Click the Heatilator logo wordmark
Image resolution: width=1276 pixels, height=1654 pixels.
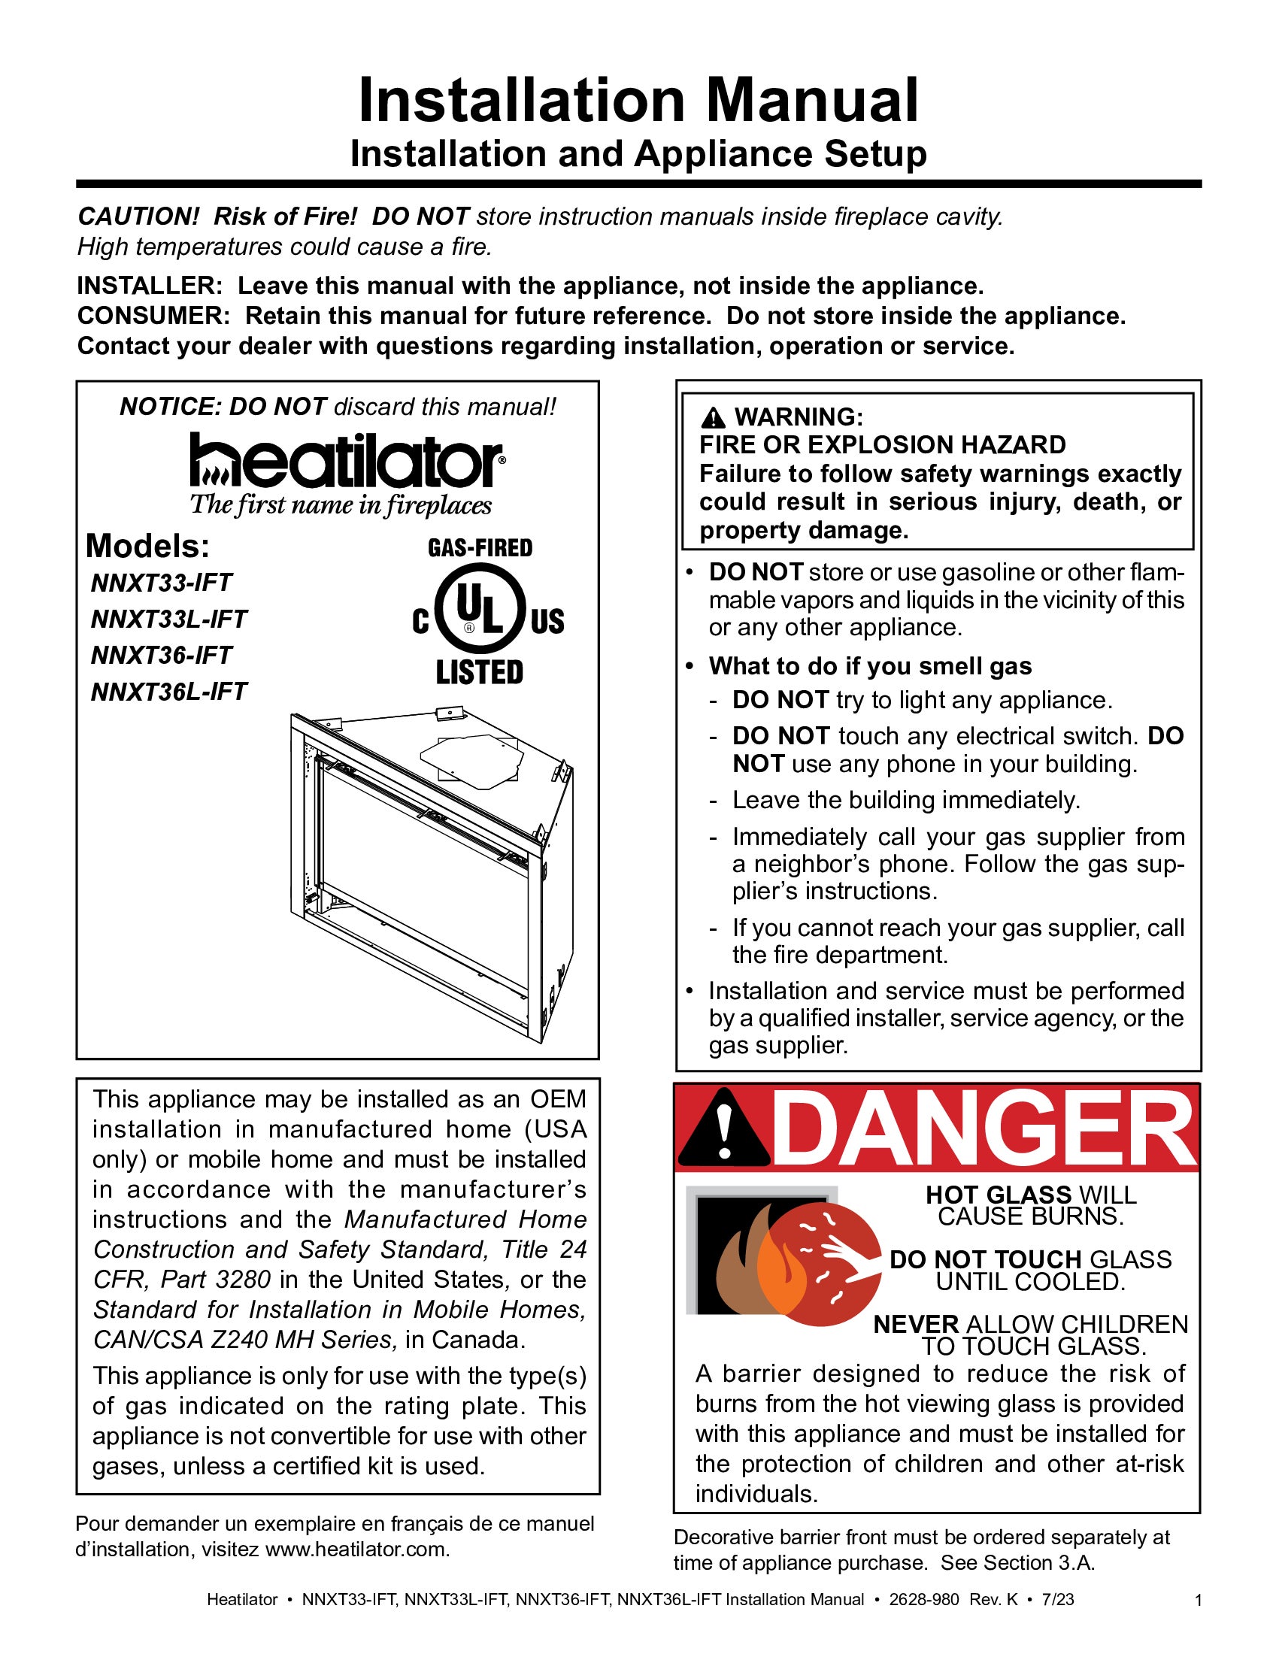tap(347, 459)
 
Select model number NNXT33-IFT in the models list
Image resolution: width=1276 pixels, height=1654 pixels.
tap(162, 583)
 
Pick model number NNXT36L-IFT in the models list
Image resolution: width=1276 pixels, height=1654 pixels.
tap(169, 692)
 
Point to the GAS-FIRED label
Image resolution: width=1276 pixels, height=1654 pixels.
tap(480, 547)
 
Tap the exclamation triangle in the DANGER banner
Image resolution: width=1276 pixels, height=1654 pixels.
tap(724, 1128)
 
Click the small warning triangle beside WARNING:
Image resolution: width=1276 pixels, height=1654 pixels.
tap(713, 417)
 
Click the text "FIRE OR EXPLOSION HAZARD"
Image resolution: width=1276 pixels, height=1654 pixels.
tap(882, 444)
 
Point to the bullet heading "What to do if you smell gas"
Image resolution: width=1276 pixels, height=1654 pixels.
tap(870, 666)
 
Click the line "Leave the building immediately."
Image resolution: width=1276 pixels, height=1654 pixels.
tap(906, 801)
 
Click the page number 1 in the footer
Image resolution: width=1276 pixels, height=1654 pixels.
tap(1198, 1600)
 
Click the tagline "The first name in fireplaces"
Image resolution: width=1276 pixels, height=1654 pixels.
tap(341, 505)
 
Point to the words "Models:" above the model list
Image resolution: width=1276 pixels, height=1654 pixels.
tap(147, 546)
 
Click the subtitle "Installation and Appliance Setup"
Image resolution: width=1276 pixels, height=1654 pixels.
tap(638, 153)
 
